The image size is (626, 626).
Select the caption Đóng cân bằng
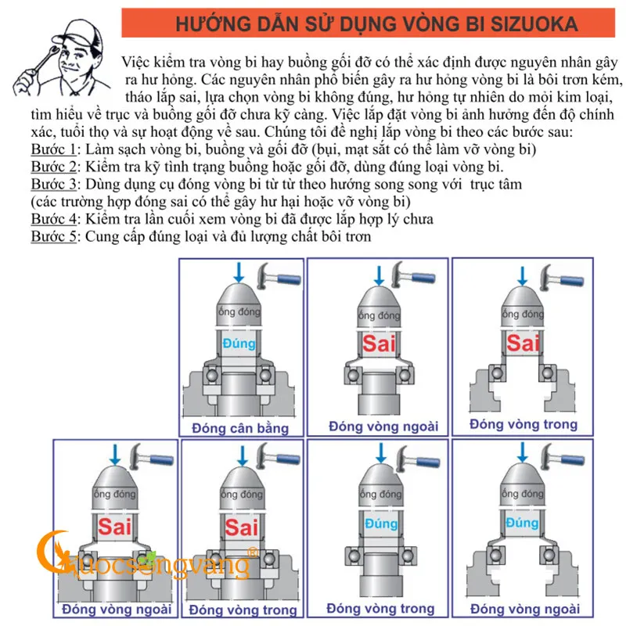tap(240, 428)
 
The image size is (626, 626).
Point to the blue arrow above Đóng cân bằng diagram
tap(239, 273)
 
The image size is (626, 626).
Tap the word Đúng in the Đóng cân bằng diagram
tap(238, 344)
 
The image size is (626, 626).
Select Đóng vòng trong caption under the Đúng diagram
tap(380, 608)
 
